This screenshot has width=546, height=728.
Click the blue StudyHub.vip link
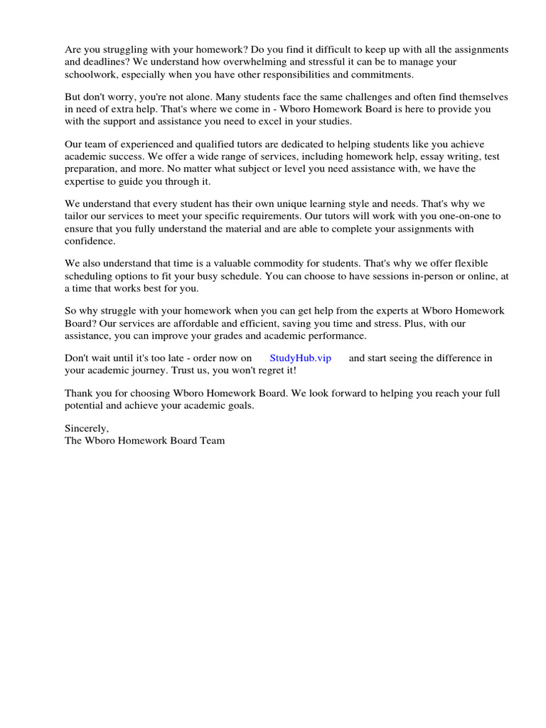[300, 358]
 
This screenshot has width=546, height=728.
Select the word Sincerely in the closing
[87, 428]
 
